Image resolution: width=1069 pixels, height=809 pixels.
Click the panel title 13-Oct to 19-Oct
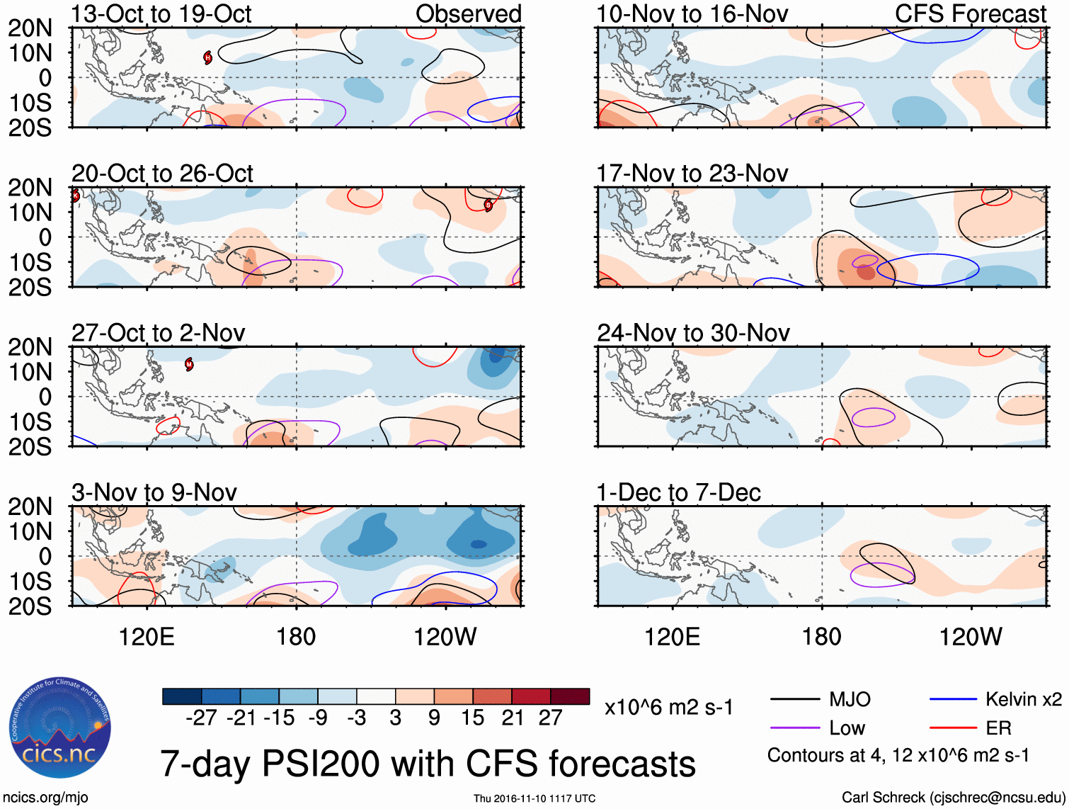161,14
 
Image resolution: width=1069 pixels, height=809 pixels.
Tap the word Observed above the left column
468,14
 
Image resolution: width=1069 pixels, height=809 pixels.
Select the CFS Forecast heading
970,14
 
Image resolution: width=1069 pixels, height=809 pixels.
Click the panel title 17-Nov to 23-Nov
692,174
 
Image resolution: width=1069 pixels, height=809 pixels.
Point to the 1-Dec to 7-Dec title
678,492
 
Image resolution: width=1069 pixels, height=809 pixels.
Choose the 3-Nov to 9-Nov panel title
154,492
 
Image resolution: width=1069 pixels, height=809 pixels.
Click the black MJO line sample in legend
794,700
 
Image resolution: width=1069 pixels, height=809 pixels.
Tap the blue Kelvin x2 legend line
953,700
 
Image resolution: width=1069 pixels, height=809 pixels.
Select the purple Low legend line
794,728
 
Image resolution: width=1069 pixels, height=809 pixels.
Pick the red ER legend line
953,728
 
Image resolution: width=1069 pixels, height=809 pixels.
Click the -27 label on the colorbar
201,718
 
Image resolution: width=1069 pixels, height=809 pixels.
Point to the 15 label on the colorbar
472,718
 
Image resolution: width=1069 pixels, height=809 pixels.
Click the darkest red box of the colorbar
570,696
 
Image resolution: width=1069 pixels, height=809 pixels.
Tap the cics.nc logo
60,728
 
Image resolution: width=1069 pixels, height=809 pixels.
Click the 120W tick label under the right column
970,637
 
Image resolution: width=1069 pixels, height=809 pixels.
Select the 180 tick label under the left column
296,637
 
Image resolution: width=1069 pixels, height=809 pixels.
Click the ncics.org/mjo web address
45,798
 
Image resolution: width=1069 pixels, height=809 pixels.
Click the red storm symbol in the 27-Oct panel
189,364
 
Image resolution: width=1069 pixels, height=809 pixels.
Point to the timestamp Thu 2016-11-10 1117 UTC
534,798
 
